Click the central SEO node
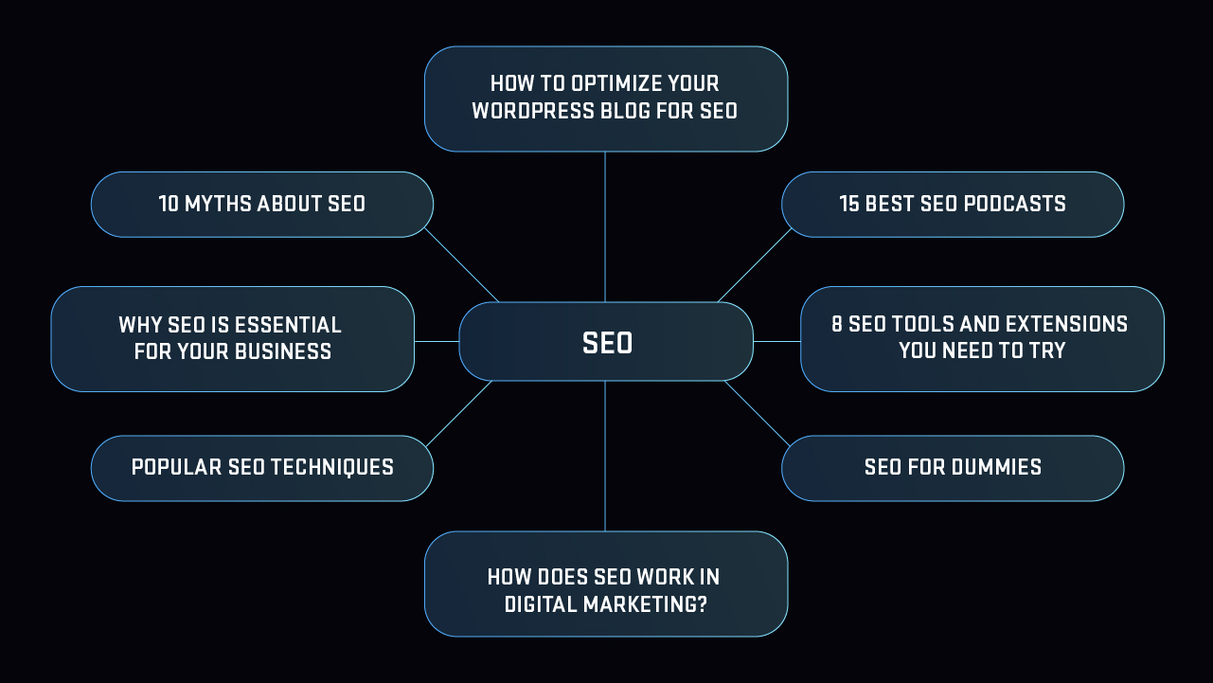[606, 342]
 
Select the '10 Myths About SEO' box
[262, 205]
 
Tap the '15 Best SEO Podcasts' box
[953, 205]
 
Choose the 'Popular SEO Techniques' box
[262, 468]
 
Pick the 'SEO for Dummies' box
[953, 468]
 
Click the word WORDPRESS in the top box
[533, 111]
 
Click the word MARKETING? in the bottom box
[645, 604]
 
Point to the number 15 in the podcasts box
[849, 205]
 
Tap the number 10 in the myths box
[169, 205]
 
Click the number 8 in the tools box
[837, 324]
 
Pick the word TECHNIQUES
[332, 467]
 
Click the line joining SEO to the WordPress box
[605, 227]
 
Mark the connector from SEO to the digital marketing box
[605, 456]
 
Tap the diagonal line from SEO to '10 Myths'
[461, 265]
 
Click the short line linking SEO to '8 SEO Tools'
[777, 342]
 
